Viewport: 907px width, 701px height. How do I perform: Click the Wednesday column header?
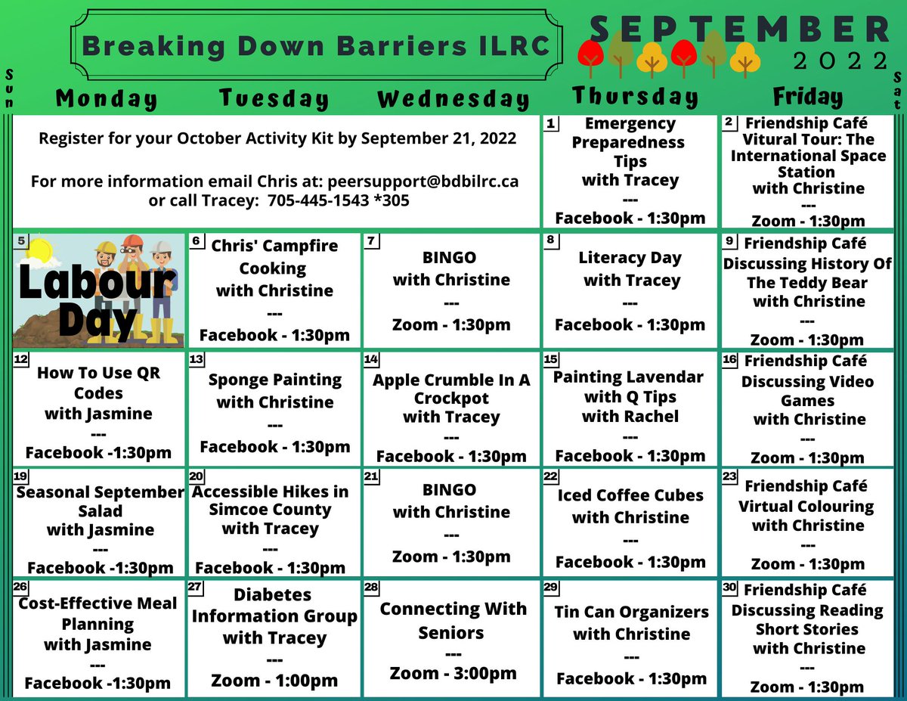(x=453, y=99)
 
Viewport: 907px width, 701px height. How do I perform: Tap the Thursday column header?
(x=635, y=96)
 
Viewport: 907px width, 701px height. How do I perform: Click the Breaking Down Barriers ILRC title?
(x=316, y=46)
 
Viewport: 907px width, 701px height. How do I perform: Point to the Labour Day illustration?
(x=99, y=290)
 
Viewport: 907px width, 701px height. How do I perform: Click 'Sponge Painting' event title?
(x=275, y=380)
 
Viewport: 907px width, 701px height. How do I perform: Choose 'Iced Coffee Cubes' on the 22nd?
(x=630, y=495)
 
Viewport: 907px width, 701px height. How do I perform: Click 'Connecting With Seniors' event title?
(x=452, y=620)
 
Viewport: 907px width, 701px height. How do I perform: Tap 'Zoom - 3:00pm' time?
(x=453, y=673)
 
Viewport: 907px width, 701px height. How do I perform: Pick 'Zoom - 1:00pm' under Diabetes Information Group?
(x=274, y=681)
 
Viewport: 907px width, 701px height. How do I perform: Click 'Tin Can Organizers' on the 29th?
(x=631, y=612)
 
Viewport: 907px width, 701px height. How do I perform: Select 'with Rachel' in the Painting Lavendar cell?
(x=630, y=416)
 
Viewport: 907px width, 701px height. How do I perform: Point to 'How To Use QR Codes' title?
(x=98, y=383)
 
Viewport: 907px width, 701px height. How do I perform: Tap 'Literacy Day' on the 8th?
(x=630, y=258)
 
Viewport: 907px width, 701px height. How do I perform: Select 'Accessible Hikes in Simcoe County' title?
(x=271, y=501)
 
